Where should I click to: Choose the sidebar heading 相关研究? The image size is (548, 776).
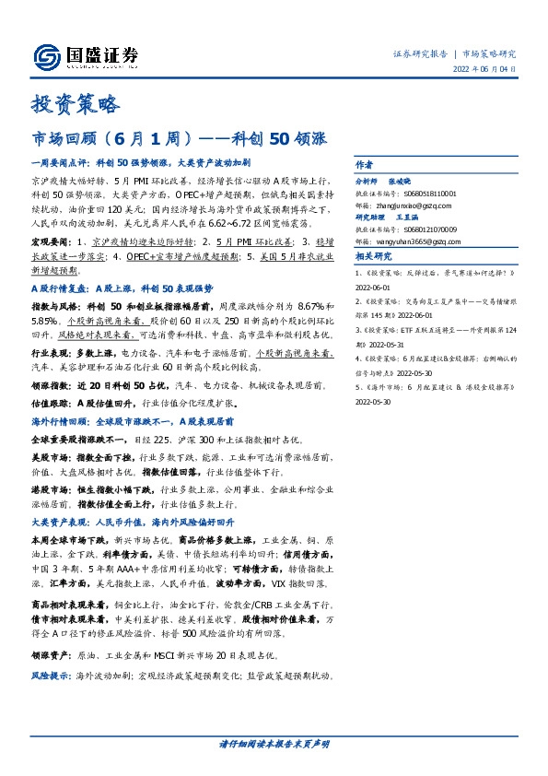373,256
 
